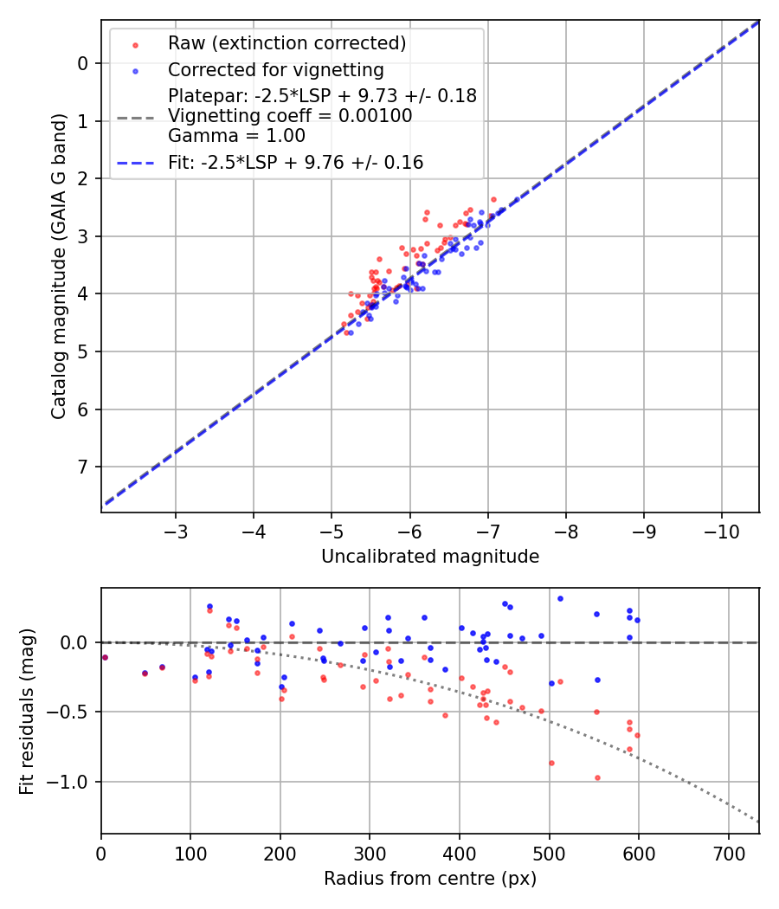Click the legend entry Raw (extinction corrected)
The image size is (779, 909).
point(286,43)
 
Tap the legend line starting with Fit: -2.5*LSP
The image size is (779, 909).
point(295,162)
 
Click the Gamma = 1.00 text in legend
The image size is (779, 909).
point(236,136)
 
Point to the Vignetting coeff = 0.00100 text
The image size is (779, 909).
point(290,116)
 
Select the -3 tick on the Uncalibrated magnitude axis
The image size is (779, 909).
point(176,531)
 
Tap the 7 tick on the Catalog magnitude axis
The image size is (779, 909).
point(84,467)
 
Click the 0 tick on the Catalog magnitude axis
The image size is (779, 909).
point(84,63)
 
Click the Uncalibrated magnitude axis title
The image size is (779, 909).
point(430,557)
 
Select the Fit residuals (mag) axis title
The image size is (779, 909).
point(27,711)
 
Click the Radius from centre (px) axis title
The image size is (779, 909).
point(430,879)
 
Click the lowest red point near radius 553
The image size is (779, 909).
point(597,777)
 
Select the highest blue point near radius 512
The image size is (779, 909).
point(560,598)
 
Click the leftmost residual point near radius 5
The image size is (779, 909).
point(105,657)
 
